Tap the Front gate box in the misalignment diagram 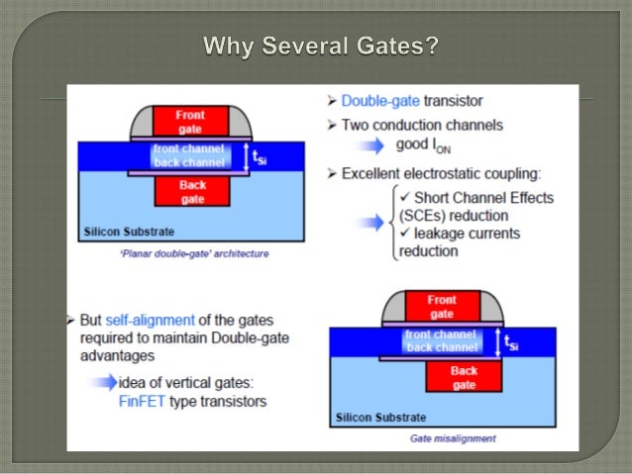442,306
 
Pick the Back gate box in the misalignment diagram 464,377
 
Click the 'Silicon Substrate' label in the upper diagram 130,233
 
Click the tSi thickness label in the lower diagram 511,342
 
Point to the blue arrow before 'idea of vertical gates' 98,384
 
